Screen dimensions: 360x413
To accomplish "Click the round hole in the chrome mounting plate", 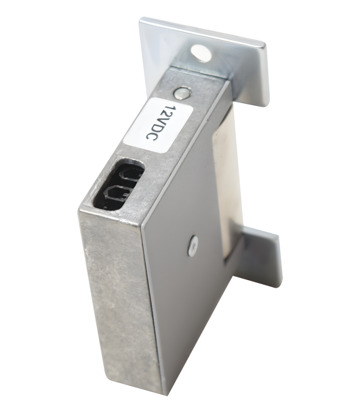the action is [201, 53].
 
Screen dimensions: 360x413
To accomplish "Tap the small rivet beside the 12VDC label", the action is [182, 93].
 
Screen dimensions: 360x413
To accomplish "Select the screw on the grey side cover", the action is [192, 246].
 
